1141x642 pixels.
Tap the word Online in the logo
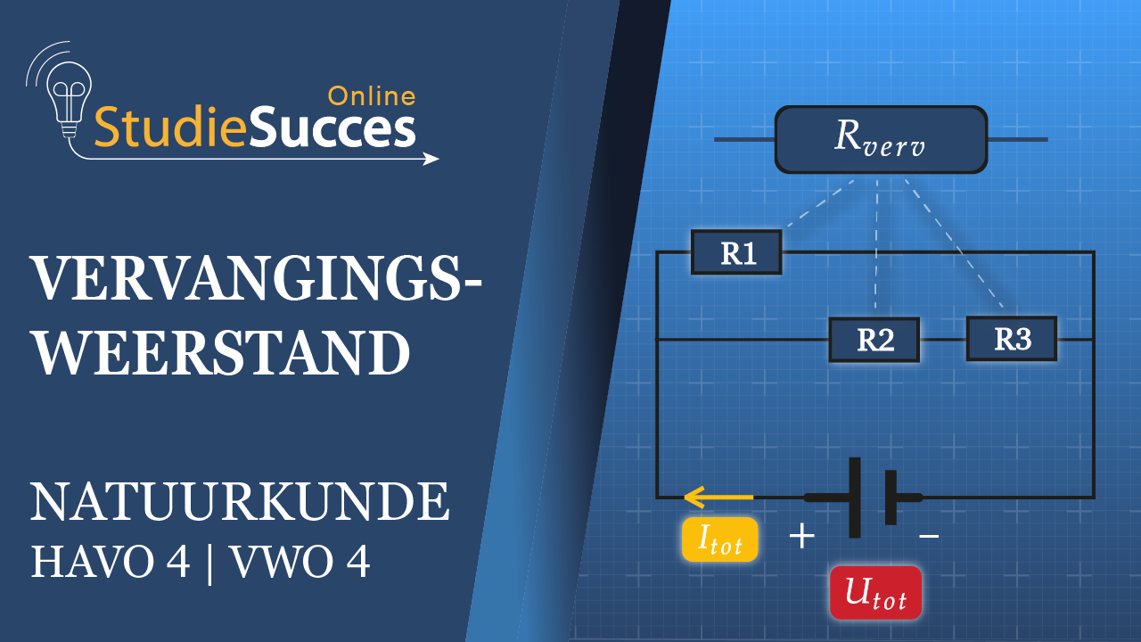point(372,96)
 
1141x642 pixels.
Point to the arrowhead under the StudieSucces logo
point(431,159)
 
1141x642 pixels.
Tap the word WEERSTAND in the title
point(220,353)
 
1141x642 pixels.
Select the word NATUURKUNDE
point(240,503)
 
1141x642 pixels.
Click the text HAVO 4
point(111,563)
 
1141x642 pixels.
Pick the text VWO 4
point(300,563)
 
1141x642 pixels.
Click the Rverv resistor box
point(881,139)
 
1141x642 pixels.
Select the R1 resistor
point(737,252)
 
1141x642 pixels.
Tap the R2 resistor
point(874,340)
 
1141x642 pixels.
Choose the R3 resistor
point(1012,339)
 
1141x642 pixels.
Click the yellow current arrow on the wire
point(718,496)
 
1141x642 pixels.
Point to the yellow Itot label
point(719,539)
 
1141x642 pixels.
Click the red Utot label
point(875,593)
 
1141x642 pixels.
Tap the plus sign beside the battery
point(802,536)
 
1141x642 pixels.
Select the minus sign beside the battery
point(929,536)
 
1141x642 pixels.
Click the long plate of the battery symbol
point(855,497)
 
